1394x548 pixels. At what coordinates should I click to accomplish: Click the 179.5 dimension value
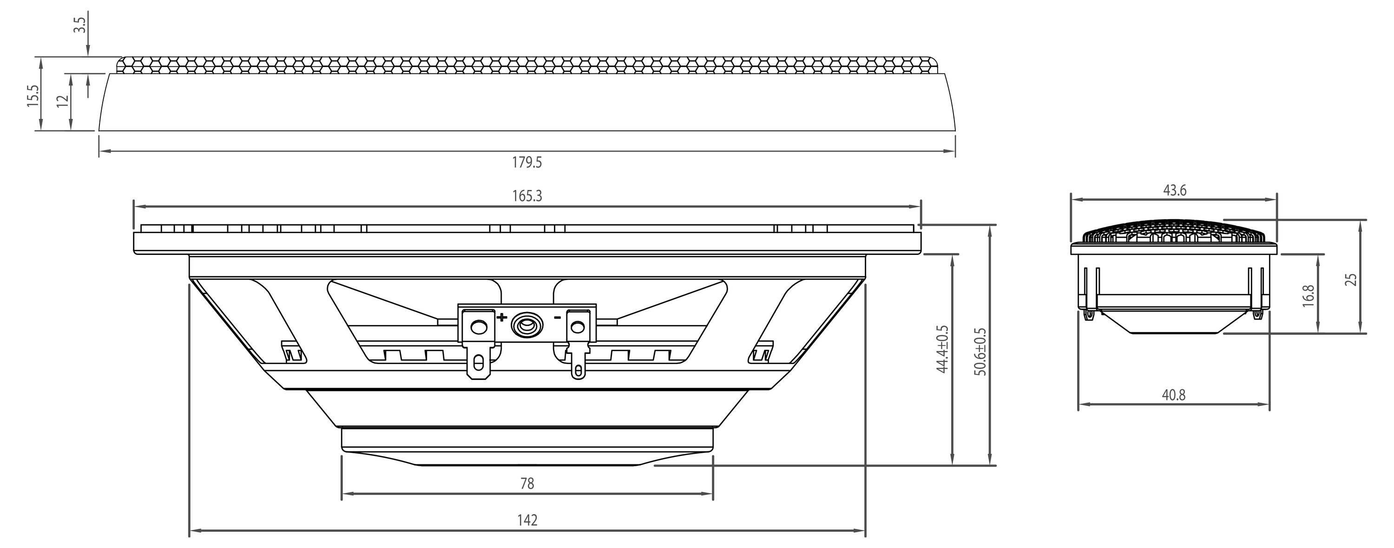point(526,162)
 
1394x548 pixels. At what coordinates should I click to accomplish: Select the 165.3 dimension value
point(526,196)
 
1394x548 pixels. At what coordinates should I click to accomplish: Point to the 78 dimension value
point(526,483)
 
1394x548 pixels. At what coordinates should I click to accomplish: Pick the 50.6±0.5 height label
point(980,352)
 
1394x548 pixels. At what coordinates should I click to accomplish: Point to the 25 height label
point(1351,279)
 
